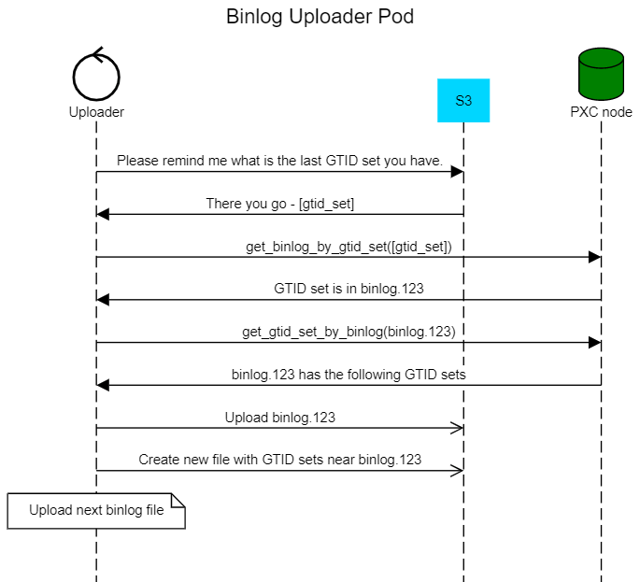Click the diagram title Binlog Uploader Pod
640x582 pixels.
320,17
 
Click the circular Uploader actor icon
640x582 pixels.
96,76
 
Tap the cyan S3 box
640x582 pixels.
463,100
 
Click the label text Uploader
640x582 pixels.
96,112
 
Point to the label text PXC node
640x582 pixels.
601,112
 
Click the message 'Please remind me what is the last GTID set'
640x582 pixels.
279,161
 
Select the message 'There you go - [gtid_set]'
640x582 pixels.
279,204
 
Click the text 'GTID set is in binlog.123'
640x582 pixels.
348,289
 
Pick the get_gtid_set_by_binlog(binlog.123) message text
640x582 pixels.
348,332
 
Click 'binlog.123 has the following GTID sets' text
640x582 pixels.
348,375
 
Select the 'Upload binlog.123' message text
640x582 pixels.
279,418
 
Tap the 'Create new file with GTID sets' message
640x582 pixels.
279,460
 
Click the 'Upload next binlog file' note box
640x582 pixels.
96,510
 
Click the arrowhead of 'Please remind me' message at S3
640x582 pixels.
457,172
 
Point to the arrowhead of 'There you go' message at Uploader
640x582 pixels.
104,214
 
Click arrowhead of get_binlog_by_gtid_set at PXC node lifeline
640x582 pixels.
593,257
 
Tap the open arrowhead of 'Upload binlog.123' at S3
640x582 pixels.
457,428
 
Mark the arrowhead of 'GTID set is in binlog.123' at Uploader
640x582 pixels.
104,300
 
